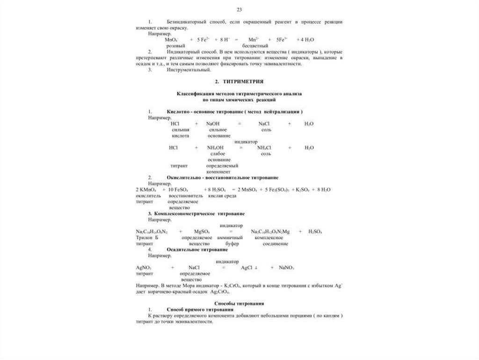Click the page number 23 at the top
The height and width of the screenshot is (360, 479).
239,9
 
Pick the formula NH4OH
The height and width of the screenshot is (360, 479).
216,147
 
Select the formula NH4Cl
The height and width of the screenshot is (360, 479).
264,147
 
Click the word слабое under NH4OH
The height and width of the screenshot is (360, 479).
218,154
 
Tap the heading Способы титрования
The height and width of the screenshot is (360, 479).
239,304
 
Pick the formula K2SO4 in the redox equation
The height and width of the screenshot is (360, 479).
303,190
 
